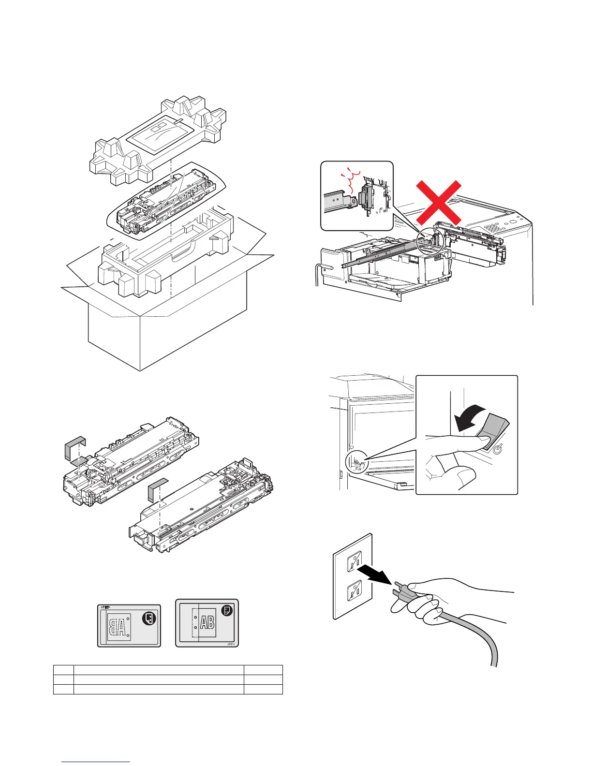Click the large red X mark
(x=438, y=203)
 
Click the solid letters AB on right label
(x=207, y=622)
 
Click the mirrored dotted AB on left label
(x=119, y=627)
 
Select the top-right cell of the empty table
(x=263, y=670)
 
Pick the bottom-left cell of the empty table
(x=63, y=689)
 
